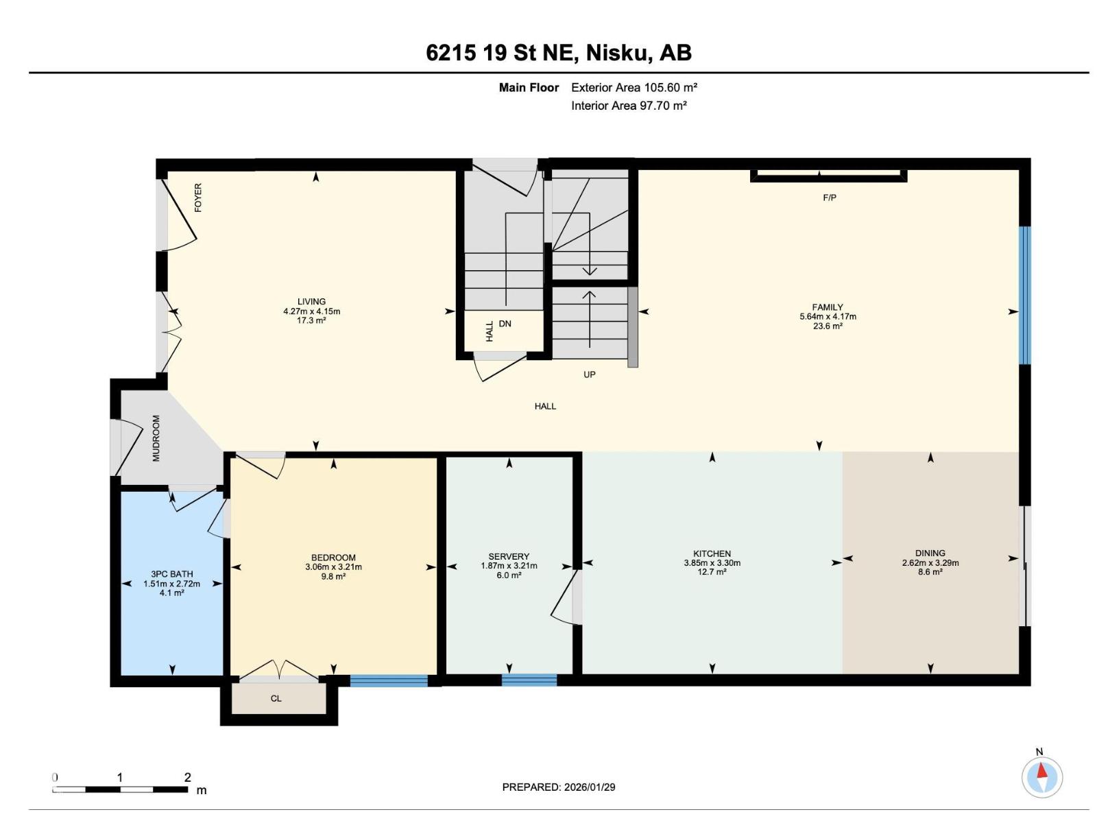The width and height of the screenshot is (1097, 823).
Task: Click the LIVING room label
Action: coord(311,301)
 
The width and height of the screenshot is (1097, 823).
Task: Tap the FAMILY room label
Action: coord(827,307)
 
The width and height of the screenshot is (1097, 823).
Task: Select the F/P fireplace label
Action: coord(829,198)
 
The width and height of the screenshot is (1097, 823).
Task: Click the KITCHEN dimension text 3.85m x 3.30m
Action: coord(712,562)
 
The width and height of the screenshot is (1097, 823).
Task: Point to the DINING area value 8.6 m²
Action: coord(930,572)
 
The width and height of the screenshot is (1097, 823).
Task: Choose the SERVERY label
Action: coord(508,556)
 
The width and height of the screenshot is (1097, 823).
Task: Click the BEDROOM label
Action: coord(333,557)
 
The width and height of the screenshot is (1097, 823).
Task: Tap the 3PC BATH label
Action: coord(171,574)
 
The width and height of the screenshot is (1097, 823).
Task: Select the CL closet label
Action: coord(276,698)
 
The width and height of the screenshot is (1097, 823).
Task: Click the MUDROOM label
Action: coord(156,438)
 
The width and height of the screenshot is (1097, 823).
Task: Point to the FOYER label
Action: coord(198,198)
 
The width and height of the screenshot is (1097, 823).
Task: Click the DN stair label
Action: coord(505,323)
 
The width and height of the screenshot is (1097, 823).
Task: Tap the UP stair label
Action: coord(589,374)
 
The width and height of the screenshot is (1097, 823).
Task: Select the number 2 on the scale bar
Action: coord(187,777)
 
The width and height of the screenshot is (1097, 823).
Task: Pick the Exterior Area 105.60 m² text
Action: coord(634,88)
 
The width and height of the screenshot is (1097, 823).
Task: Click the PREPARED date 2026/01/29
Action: coord(589,787)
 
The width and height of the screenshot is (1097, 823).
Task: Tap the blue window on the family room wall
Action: coord(1024,295)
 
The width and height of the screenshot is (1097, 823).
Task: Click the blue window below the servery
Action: coord(529,680)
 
